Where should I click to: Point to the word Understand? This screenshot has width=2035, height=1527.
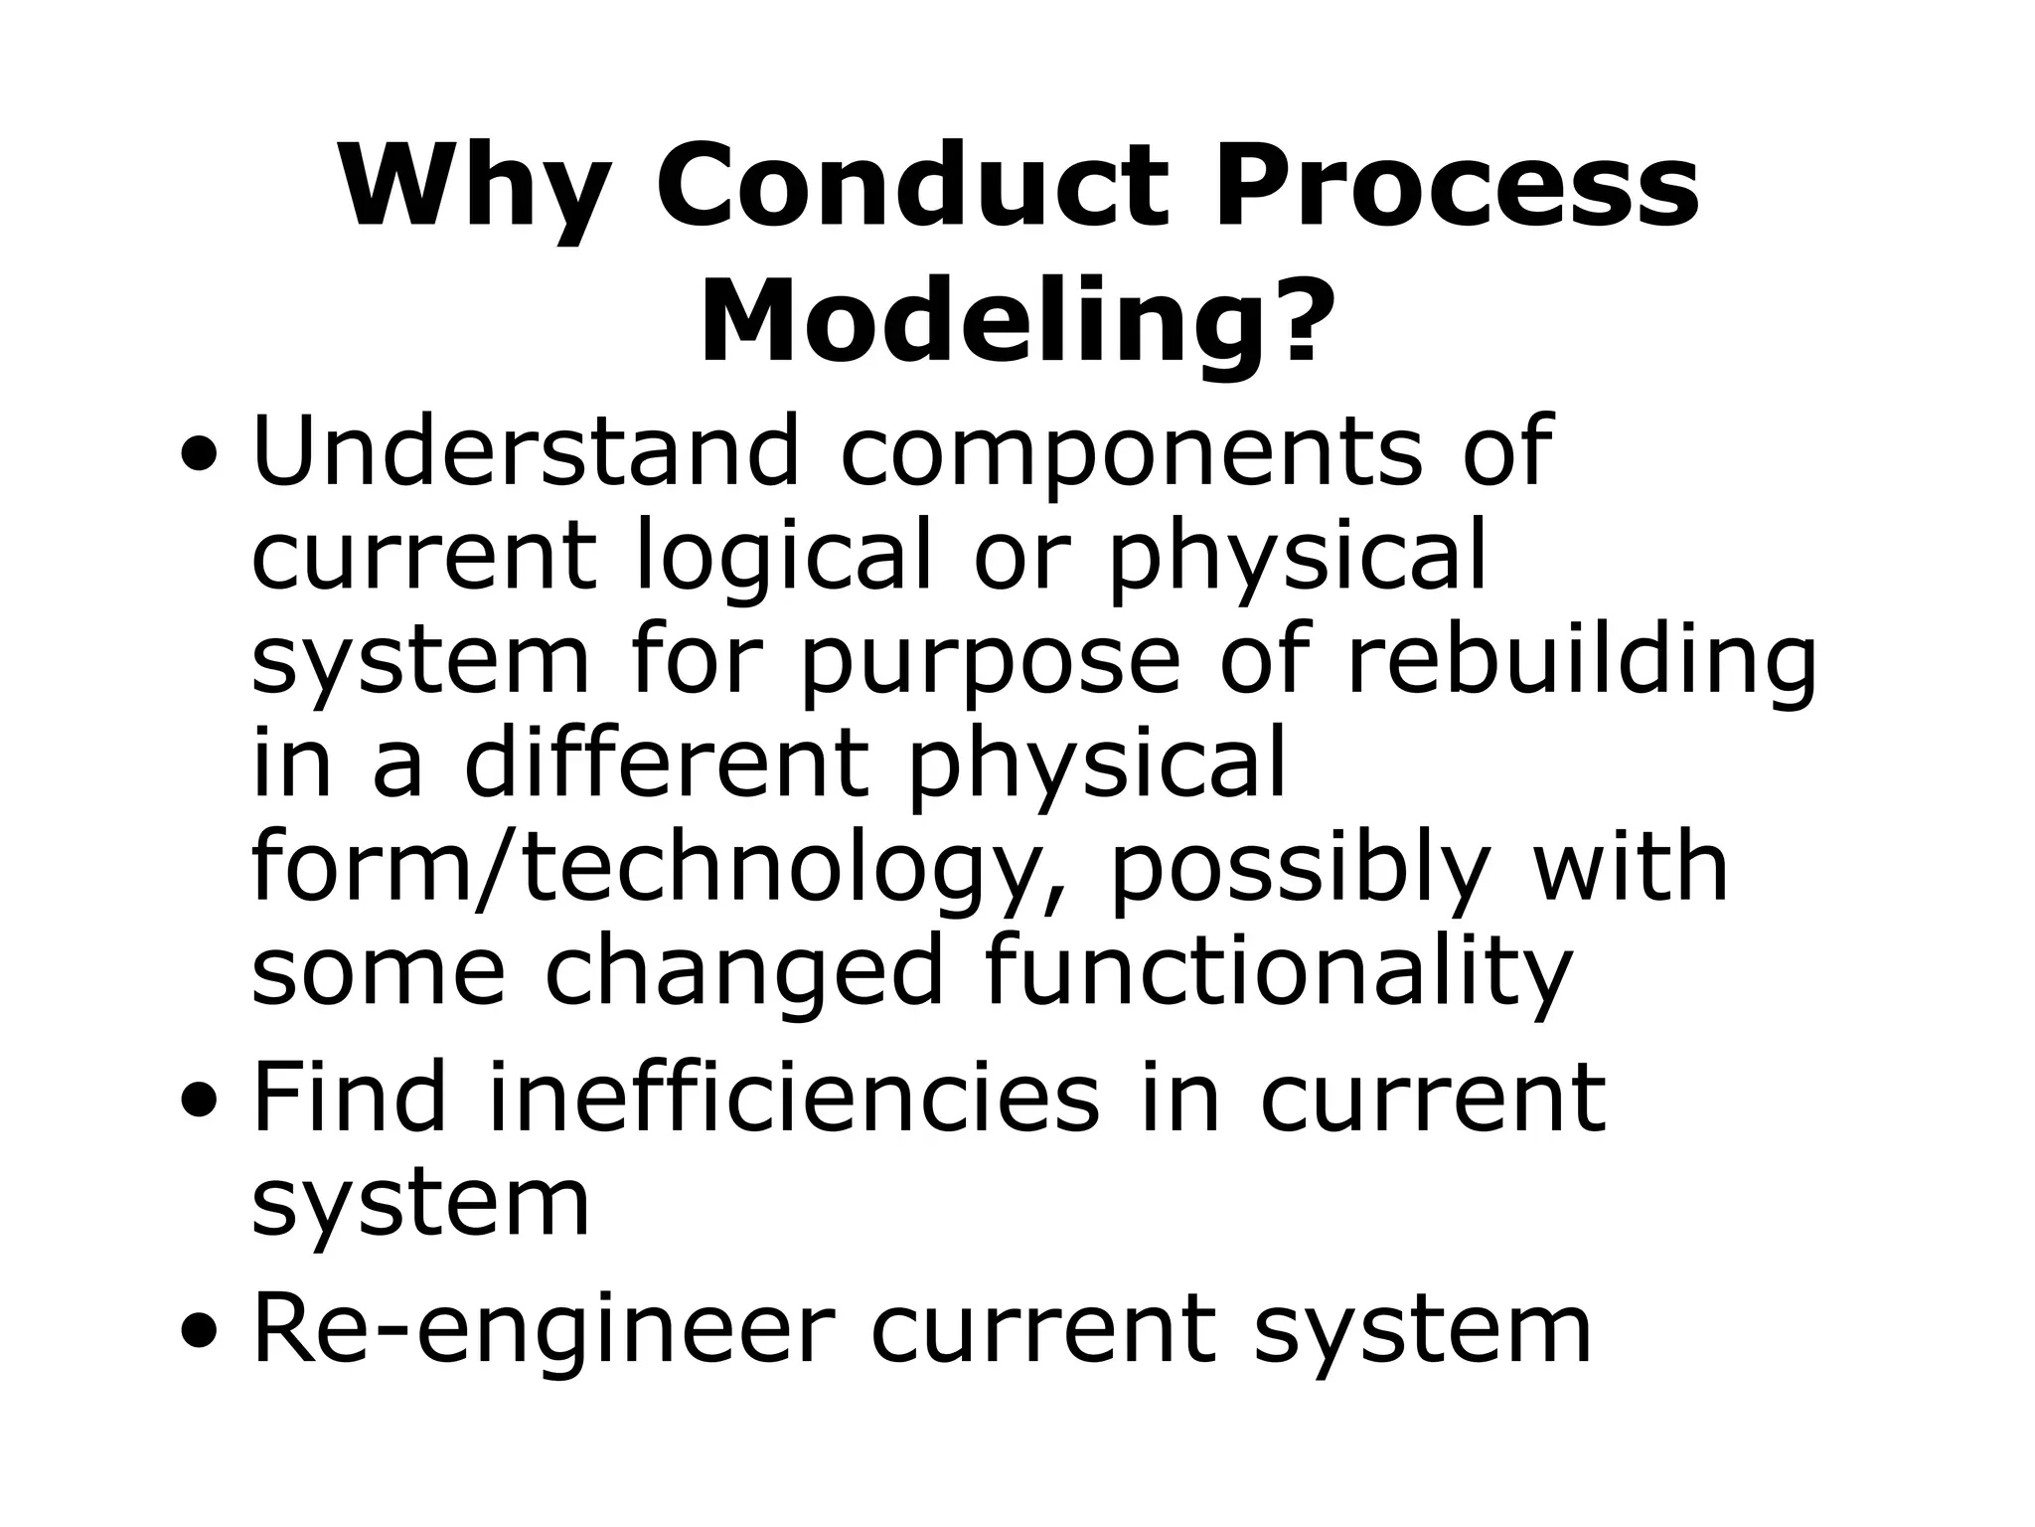[x=526, y=452]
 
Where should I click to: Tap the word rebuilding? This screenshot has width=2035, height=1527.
[x=1581, y=661]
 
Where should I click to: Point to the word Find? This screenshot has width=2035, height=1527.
[x=350, y=1099]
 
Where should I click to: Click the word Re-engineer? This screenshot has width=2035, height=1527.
[x=539, y=1330]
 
